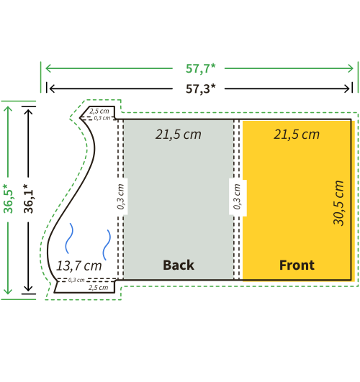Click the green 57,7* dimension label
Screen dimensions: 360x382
pyautogui.click(x=200, y=68)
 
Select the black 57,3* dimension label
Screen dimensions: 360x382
pyautogui.click(x=200, y=89)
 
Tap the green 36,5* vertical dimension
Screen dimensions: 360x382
pyautogui.click(x=8, y=199)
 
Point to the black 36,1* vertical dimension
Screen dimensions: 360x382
pyautogui.click(x=28, y=199)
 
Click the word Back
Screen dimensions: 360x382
pyautogui.click(x=179, y=265)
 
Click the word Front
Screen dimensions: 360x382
pyautogui.click(x=297, y=265)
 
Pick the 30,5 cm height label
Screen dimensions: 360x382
pyautogui.click(x=338, y=203)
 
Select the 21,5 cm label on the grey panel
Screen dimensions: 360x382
pyautogui.click(x=179, y=135)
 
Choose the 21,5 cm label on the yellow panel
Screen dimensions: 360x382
pyautogui.click(x=297, y=135)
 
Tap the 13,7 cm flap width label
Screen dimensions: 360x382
pyautogui.click(x=78, y=265)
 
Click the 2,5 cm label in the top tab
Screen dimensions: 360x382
pyautogui.click(x=99, y=112)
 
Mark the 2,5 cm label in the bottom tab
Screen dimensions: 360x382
pyautogui.click(x=99, y=288)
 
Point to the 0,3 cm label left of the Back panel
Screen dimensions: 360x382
pyautogui.click(x=121, y=196)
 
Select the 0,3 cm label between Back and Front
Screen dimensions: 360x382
pyautogui.click(x=237, y=196)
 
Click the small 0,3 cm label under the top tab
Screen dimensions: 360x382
pyautogui.click(x=102, y=118)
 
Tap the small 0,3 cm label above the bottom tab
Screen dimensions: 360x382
pyautogui.click(x=76, y=280)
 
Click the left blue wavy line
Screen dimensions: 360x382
pyautogui.click(x=69, y=238)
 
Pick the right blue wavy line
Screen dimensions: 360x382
pyautogui.click(x=107, y=245)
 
